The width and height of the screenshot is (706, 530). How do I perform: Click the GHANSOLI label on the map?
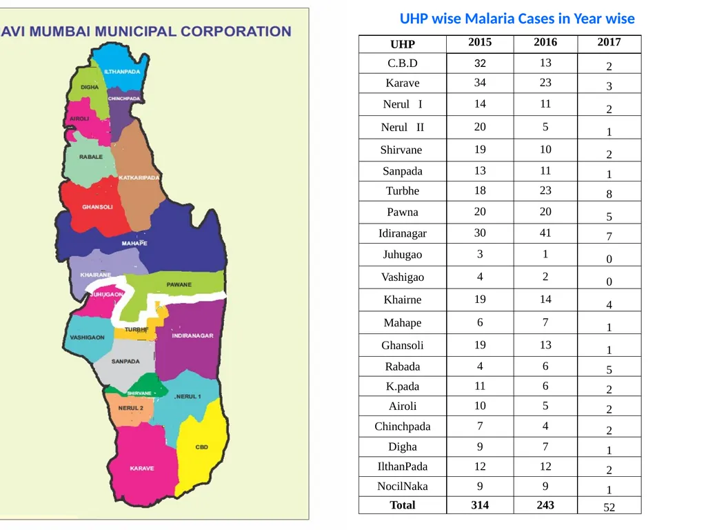pyautogui.click(x=97, y=207)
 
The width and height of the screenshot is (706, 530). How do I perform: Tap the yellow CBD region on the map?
pyautogui.click(x=203, y=446)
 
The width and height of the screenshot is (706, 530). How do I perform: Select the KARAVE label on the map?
pyautogui.click(x=142, y=469)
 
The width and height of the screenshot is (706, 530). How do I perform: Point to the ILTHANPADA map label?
pyautogui.click(x=122, y=72)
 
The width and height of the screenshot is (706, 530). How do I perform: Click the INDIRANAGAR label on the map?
pyautogui.click(x=193, y=336)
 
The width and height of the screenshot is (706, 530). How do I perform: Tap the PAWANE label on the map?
pyautogui.click(x=179, y=285)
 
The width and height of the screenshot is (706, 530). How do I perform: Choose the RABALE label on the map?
pyautogui.click(x=91, y=157)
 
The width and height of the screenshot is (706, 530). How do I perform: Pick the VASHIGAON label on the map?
pyautogui.click(x=87, y=337)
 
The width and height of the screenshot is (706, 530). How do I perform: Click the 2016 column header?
pyautogui.click(x=545, y=42)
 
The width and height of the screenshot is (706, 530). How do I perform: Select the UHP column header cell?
pyautogui.click(x=403, y=44)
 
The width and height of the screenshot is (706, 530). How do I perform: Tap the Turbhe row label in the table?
pyautogui.click(x=403, y=191)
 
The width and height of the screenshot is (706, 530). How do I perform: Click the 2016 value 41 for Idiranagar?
pyautogui.click(x=545, y=233)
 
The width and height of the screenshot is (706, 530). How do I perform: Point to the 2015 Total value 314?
pyautogui.click(x=480, y=505)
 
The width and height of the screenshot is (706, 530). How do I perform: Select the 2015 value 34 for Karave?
pyautogui.click(x=480, y=83)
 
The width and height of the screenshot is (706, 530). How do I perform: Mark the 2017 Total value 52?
pyautogui.click(x=609, y=507)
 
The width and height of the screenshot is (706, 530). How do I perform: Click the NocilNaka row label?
pyautogui.click(x=403, y=487)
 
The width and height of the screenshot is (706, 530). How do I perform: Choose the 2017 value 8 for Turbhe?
pyautogui.click(x=609, y=194)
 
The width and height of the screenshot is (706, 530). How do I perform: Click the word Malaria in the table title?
pyautogui.click(x=490, y=19)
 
